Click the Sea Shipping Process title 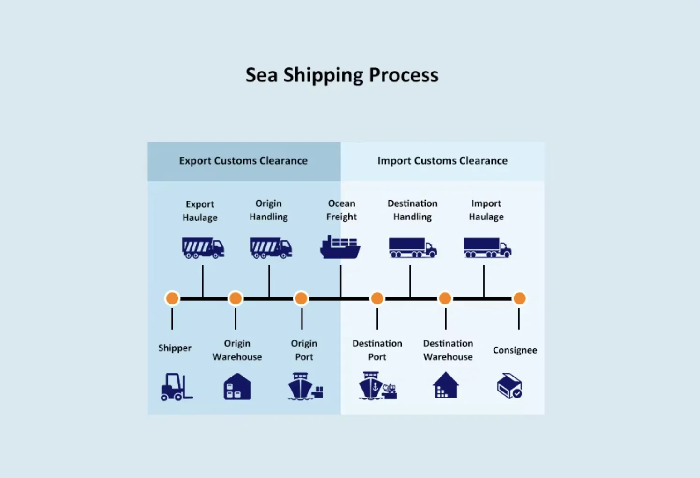342,75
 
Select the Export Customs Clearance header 243,161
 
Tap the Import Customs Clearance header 442,161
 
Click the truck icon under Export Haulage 203,248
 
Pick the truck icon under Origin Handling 271,248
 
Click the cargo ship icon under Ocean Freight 340,247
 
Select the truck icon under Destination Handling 413,247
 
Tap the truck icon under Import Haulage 487,247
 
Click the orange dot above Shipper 172,298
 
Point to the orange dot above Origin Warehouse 236,298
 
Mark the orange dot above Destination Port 377,298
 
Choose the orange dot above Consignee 519,298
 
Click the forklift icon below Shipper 176,387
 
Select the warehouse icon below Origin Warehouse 237,387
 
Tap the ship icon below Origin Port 304,386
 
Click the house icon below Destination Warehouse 445,385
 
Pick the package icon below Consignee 509,386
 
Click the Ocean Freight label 341,210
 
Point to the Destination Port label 377,350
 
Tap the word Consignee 515,350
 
